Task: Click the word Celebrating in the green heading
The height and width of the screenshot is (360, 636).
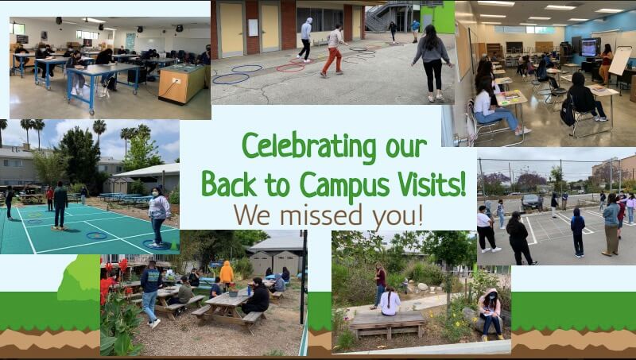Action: [x=308, y=147]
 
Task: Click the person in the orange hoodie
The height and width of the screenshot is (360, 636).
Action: [x=227, y=274]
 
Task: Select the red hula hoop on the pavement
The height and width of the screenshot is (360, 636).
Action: [x=290, y=68]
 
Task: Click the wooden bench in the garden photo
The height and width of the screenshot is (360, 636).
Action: [x=388, y=323]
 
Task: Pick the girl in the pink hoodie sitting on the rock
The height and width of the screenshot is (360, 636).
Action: [x=491, y=314]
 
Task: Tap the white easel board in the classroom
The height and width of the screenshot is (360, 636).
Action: [x=620, y=61]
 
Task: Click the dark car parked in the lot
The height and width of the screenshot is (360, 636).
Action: [x=531, y=202]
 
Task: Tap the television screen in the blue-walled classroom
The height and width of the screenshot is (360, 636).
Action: [x=590, y=48]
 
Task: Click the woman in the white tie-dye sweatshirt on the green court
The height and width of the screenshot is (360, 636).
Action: [x=158, y=216]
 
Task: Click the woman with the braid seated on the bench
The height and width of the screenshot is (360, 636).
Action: [x=390, y=301]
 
